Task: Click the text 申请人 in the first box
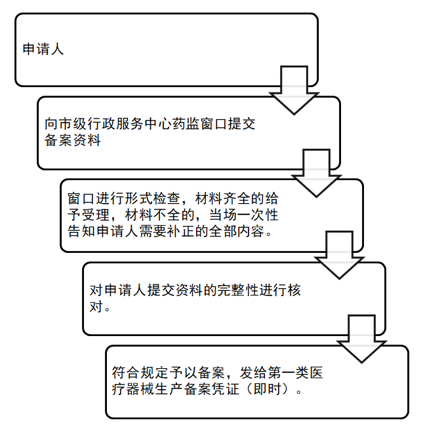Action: coord(43,49)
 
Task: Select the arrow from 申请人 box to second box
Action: coord(294,90)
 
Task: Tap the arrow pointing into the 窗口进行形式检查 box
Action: coord(316,173)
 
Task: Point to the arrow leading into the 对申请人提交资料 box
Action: coord(339,255)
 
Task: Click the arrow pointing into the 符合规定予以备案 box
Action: coord(361,339)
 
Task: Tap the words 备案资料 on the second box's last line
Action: coord(73,140)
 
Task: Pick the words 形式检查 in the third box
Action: coord(153,199)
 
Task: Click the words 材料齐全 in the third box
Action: coord(223,199)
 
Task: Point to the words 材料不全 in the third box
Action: coord(153,215)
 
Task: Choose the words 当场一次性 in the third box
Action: coord(244,215)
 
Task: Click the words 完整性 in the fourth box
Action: coord(238,290)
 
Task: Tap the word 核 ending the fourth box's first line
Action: coord(294,290)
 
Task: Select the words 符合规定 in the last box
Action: coord(140,373)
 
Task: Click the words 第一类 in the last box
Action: coord(288,373)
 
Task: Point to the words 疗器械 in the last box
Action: coord(132,389)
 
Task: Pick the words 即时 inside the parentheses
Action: coord(267,389)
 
